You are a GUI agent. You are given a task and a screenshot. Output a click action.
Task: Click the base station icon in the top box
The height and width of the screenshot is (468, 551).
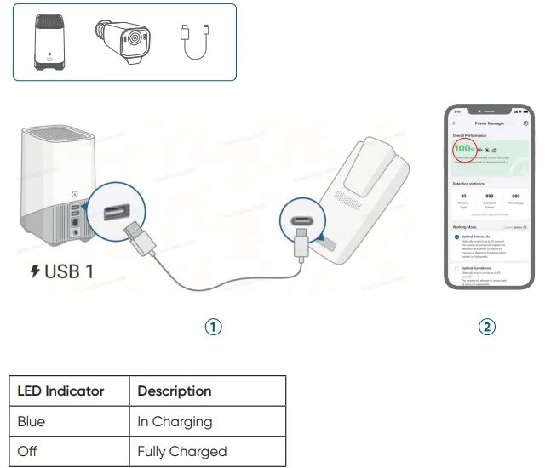(47, 42)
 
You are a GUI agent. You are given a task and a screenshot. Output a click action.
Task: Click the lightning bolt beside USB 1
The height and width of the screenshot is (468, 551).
(35, 273)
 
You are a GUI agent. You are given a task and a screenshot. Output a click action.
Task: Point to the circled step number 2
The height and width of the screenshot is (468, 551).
(486, 327)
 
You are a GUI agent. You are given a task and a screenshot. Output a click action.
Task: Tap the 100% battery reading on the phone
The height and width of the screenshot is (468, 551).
(463, 150)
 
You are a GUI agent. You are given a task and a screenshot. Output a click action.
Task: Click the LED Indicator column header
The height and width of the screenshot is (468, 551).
(60, 391)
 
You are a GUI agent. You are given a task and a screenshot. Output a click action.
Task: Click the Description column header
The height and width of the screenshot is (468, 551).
(175, 391)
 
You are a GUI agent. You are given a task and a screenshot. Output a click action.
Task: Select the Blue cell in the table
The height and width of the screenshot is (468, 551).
(32, 421)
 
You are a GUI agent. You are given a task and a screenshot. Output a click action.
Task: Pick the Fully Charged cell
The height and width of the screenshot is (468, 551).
(182, 451)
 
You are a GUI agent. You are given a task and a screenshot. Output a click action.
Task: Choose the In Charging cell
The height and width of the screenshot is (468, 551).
(175, 421)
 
